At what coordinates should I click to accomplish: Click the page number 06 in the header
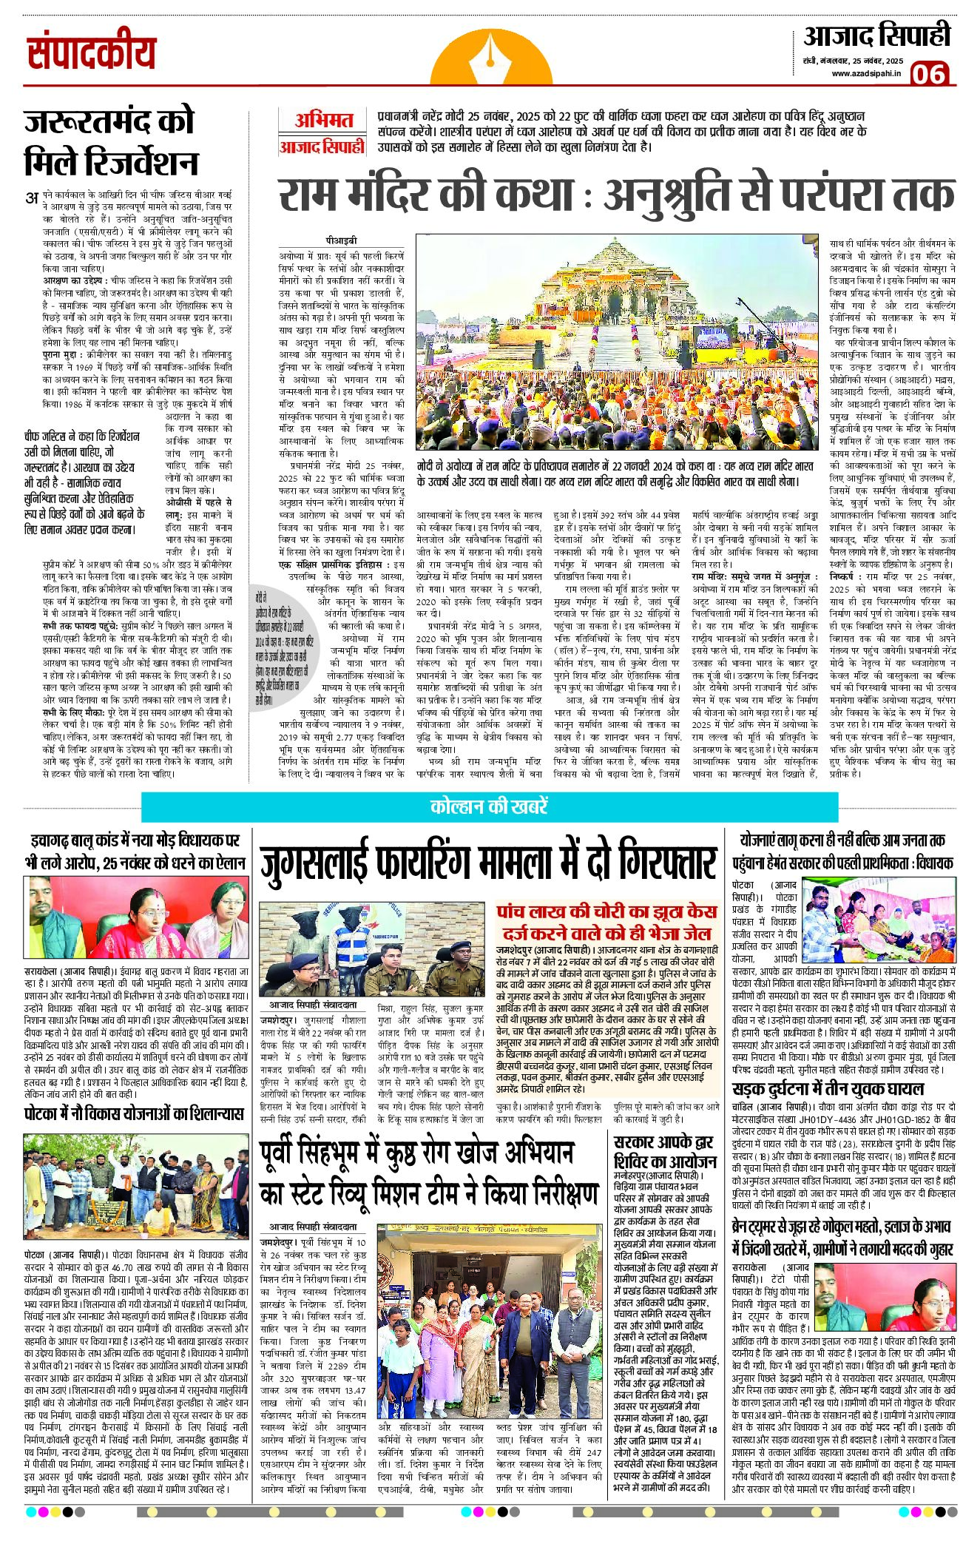point(929,74)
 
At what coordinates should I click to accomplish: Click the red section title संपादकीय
point(92,53)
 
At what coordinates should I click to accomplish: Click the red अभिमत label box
point(323,120)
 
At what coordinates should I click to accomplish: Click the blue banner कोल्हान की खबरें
point(489,806)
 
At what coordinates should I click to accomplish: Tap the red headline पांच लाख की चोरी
point(606,922)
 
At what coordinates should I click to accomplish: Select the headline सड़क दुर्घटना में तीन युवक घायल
point(828,1088)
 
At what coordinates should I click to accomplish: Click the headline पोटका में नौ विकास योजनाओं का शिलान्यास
point(134,1113)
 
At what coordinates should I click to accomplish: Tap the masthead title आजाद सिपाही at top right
point(877,35)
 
